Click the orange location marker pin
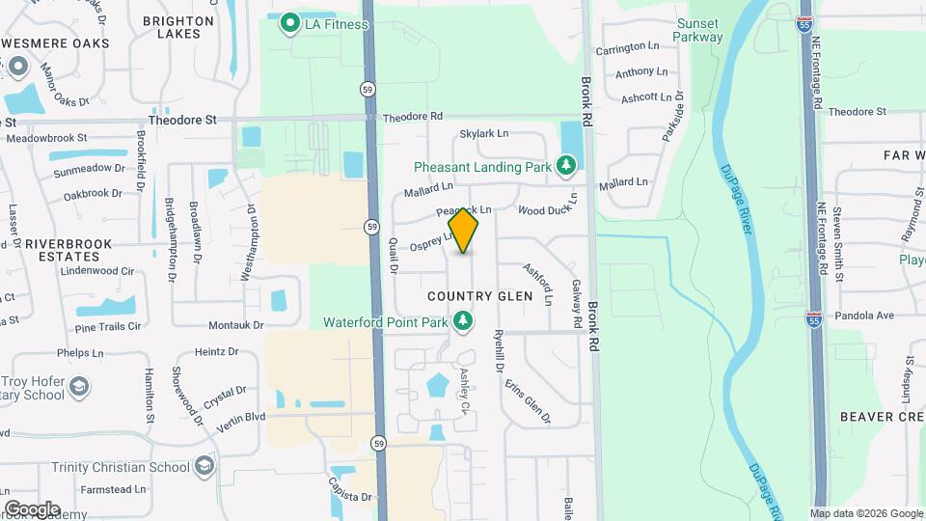coord(463,231)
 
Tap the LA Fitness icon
coord(288,24)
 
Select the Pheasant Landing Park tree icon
coord(566,167)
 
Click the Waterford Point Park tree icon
coord(463,320)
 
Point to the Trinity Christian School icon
coord(204,467)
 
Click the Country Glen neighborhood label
coord(479,295)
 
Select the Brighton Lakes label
coord(177,27)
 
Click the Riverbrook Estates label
coord(68,251)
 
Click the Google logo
coord(32,508)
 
